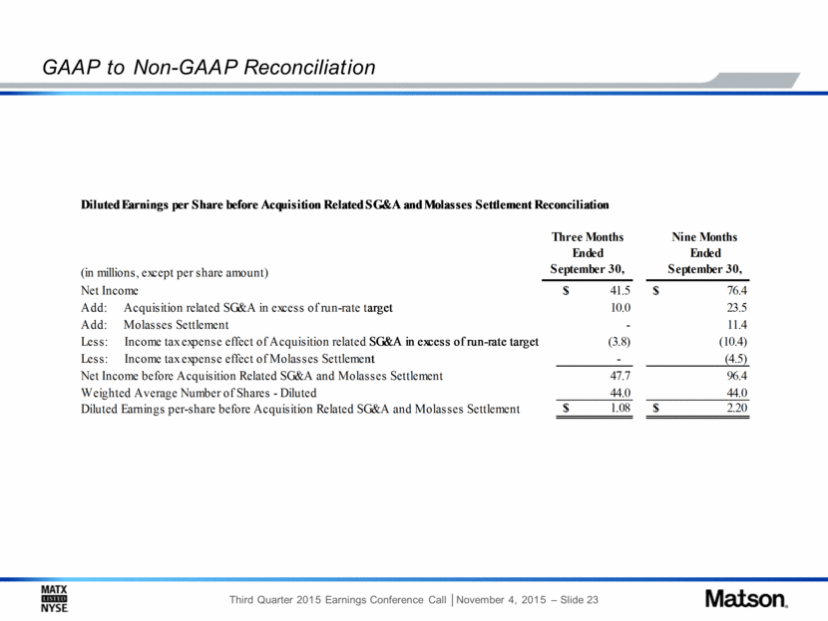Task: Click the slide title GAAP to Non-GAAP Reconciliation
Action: [208, 68]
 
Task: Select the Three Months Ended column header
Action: [588, 253]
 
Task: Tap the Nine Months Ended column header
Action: [704, 253]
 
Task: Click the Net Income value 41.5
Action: [620, 291]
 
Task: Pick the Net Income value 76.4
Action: [737, 291]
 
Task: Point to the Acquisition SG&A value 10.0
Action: [621, 308]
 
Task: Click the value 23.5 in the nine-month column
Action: [737, 308]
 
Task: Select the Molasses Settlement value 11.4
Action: [737, 325]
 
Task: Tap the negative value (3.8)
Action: [619, 342]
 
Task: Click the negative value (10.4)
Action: [733, 342]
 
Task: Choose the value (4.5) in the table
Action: [736, 359]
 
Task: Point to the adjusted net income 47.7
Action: [621, 376]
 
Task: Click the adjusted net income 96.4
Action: [737, 376]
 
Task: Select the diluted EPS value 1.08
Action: [621, 408]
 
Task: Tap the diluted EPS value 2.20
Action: [737, 408]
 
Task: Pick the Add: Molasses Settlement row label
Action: [155, 325]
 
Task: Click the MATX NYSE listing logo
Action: [55, 599]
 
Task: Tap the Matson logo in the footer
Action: [746, 599]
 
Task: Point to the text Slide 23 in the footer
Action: [580, 600]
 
